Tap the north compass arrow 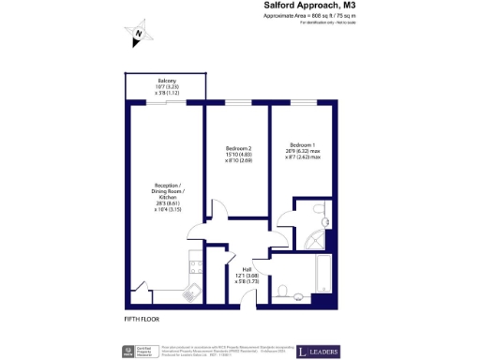pos(138,36)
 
